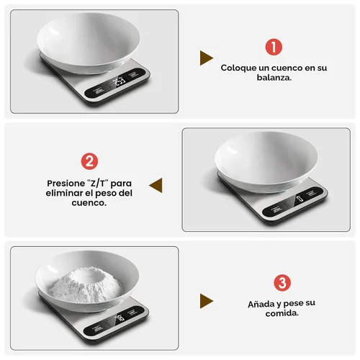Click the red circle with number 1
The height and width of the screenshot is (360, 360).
(x=274, y=48)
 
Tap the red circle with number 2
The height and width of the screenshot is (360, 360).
(x=90, y=161)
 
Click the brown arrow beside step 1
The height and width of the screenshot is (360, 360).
(x=207, y=58)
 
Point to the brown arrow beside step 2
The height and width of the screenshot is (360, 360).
(x=156, y=184)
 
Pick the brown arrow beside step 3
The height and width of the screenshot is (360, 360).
(x=207, y=301)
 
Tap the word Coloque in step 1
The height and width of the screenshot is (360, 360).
(x=238, y=67)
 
